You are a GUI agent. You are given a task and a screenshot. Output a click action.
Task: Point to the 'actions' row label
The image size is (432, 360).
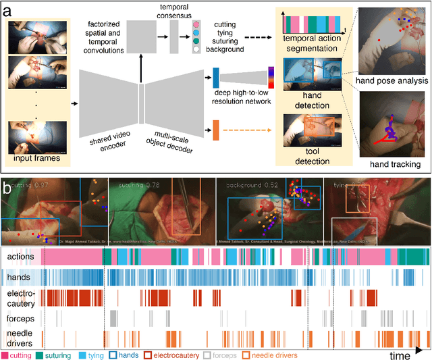(21, 257)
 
